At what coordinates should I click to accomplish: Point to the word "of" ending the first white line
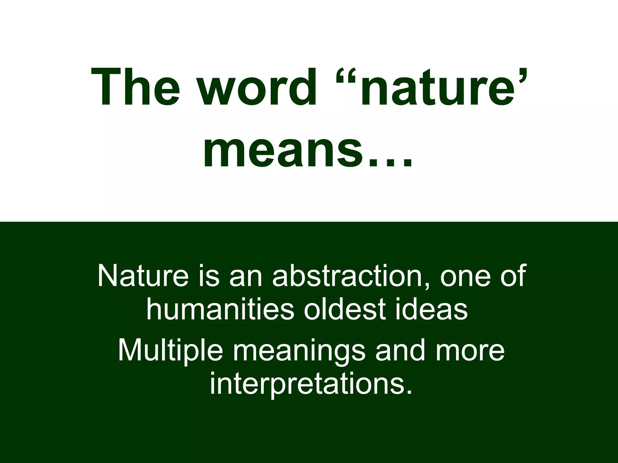pos(513,276)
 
